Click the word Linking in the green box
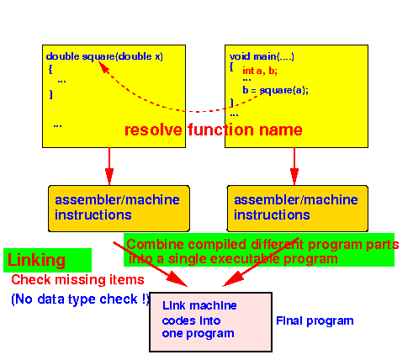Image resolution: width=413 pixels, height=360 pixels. pos(36,260)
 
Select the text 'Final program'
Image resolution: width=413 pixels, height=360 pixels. pos(315,321)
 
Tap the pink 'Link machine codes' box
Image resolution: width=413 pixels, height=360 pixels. pos(211,322)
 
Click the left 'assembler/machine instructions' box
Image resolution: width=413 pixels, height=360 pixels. pos(119,209)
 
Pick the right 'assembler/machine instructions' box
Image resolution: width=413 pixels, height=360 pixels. pos(297,209)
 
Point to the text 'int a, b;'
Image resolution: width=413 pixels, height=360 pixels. pos(260,71)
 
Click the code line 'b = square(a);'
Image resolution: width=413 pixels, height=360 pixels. pos(275,90)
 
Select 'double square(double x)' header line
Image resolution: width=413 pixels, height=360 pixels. pos(104,56)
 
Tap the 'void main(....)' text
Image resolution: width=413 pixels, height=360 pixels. pos(262,56)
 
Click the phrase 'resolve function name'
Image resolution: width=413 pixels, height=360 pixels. pos(214,130)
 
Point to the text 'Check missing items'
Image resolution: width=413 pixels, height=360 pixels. pos(77,280)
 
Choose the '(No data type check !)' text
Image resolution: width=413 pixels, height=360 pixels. pos(81,299)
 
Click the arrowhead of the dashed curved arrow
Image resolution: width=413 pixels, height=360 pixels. pos(103,66)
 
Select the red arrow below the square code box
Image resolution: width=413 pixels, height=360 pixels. pos(109,167)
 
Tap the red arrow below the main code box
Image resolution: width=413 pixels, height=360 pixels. pos(294,167)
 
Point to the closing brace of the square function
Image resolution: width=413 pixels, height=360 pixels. pos(50,94)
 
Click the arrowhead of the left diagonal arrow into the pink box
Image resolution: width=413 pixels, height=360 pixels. pos(177,280)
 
